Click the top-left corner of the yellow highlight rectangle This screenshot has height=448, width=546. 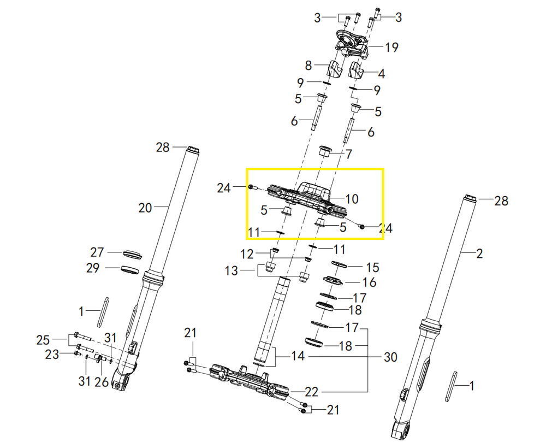tap(247, 169)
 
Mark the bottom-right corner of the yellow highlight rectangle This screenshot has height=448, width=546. tap(383, 239)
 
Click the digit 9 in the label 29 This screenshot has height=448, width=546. tap(96, 268)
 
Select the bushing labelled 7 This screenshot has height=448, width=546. tap(325, 151)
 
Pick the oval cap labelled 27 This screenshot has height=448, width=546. tap(132, 254)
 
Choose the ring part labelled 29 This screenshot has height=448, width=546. tap(130, 269)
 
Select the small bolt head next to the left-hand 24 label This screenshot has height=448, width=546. tap(251, 187)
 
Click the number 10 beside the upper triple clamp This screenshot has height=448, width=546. tap(352, 199)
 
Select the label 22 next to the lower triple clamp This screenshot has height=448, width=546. tap(311, 392)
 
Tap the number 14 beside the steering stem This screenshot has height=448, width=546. tap(298, 356)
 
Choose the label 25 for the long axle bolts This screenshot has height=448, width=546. tap(43, 340)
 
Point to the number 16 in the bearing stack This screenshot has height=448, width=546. tap(370, 282)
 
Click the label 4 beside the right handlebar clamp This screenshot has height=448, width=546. tap(382, 74)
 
